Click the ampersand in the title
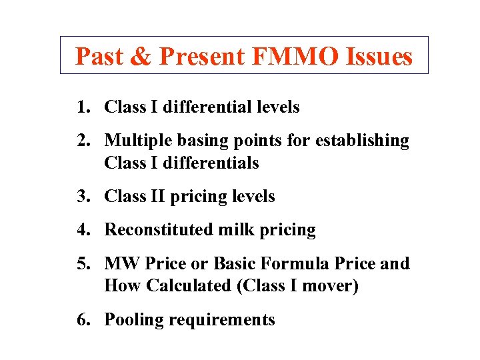(141, 57)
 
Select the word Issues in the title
(379, 57)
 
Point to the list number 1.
(81, 107)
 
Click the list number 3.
(81, 197)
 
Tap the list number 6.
(81, 320)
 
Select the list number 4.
(81, 230)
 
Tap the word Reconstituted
(159, 230)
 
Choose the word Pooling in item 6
(134, 320)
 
